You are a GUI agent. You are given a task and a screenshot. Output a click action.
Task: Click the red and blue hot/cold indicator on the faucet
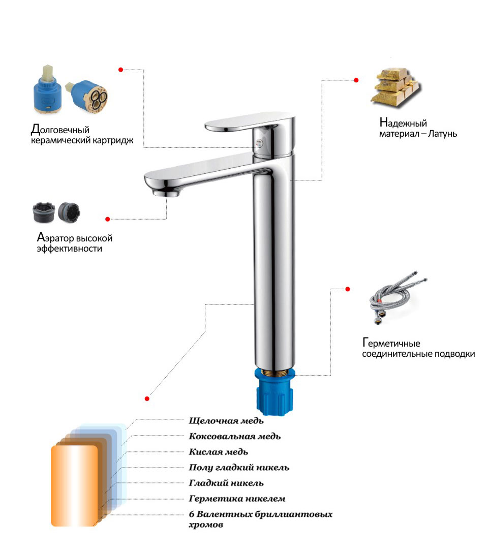(x=260, y=142)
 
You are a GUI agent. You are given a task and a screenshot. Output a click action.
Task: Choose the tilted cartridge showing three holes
(x=87, y=96)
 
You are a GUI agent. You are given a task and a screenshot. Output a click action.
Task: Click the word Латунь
(x=442, y=134)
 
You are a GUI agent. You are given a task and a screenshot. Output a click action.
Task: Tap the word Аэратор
(x=55, y=237)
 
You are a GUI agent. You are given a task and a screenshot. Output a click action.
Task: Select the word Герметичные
(x=391, y=343)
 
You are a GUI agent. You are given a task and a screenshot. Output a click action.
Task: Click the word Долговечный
(x=60, y=130)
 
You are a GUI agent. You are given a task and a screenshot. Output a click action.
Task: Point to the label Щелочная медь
(x=226, y=421)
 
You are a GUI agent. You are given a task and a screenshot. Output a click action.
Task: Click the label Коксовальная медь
(x=234, y=436)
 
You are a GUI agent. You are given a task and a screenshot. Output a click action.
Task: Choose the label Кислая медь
(x=218, y=452)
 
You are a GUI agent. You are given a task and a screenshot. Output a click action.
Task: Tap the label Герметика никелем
(x=237, y=499)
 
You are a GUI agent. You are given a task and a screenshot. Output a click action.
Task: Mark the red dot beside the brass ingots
(x=356, y=80)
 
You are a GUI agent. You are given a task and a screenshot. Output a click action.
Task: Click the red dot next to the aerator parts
(x=108, y=219)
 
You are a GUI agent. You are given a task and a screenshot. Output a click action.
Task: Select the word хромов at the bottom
(x=206, y=525)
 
